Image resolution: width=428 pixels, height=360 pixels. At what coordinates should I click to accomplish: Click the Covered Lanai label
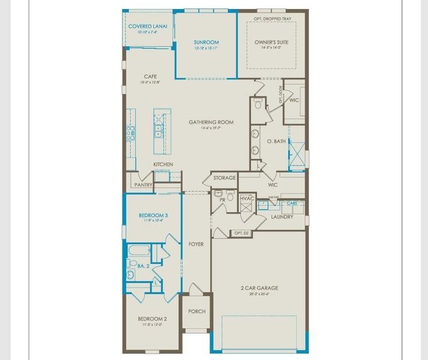tap(148, 26)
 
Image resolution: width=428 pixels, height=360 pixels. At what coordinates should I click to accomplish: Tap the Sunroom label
tap(206, 42)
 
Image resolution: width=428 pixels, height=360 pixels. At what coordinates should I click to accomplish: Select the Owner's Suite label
tap(270, 42)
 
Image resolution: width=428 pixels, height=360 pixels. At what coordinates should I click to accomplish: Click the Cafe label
tap(151, 76)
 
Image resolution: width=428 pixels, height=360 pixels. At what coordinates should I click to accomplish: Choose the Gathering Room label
tap(211, 122)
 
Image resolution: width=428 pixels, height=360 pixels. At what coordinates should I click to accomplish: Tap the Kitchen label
tap(163, 164)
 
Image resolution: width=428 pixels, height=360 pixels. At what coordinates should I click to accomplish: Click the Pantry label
tap(143, 185)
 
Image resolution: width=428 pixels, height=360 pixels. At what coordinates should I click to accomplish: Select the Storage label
tap(225, 178)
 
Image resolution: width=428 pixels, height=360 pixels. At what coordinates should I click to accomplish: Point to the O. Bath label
tap(277, 141)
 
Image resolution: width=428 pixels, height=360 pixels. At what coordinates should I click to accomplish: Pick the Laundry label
tap(282, 217)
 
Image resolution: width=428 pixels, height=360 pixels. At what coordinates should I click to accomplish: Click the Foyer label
tap(196, 244)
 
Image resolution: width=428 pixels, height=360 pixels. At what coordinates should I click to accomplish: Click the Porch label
tap(197, 311)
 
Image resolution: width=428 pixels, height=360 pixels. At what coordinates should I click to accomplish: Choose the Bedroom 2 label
tap(152, 319)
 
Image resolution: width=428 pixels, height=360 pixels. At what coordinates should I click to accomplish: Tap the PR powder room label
tap(222, 199)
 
